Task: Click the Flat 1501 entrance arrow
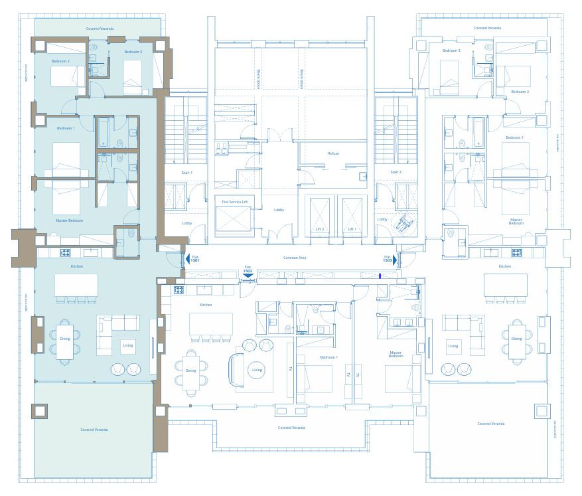[186, 259]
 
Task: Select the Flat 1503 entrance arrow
[395, 260]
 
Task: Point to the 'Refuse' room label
[333, 153]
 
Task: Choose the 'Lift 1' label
[352, 229]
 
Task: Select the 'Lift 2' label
[319, 229]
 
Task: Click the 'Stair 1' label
[187, 173]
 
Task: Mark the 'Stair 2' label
[396, 173]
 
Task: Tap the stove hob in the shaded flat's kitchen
[66, 252]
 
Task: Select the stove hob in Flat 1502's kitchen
[179, 290]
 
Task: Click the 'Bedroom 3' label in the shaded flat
[133, 52]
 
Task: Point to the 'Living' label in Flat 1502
[257, 370]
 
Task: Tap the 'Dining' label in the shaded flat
[64, 339]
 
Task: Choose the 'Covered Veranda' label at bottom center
[292, 428]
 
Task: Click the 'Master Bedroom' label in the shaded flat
[70, 220]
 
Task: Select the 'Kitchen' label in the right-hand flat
[505, 266]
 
